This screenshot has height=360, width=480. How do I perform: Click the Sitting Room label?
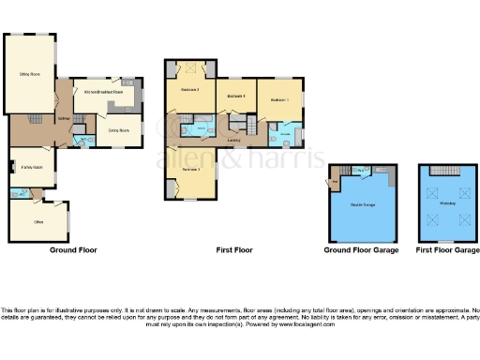click(x=29, y=73)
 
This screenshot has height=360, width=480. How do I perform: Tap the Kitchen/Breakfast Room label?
click(x=104, y=93)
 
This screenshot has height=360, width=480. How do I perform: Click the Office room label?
click(x=39, y=221)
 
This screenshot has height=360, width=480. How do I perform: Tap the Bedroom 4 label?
click(x=236, y=96)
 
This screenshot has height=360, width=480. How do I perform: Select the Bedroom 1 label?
click(x=280, y=99)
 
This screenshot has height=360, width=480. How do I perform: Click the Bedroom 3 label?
click(x=190, y=170)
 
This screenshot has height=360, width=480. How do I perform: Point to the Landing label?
click(x=232, y=141)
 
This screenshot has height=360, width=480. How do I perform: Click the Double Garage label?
click(x=362, y=203)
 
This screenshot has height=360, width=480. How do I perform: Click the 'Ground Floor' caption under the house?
click(x=74, y=250)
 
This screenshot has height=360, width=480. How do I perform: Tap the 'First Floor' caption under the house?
click(x=235, y=250)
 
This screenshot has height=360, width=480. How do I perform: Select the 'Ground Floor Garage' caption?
click(x=361, y=250)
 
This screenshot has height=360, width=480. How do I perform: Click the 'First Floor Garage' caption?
click(x=442, y=250)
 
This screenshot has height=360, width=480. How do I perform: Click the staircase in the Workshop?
click(x=441, y=170)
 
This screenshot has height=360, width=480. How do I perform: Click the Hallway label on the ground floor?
click(x=65, y=118)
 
